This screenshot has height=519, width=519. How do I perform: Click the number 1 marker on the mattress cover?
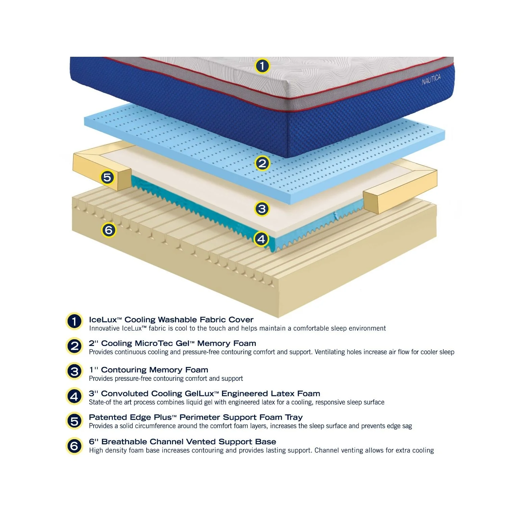click(262, 66)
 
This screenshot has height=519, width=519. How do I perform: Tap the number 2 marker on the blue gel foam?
click(262, 164)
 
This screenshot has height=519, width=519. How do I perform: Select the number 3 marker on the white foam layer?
click(262, 208)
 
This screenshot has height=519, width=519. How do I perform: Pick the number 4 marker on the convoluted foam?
click(261, 239)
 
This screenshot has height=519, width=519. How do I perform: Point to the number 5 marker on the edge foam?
click(107, 177)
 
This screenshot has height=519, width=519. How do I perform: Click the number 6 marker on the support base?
click(109, 230)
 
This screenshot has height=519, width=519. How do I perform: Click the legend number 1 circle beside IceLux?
click(74, 321)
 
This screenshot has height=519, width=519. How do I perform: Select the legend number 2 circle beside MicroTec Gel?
click(74, 346)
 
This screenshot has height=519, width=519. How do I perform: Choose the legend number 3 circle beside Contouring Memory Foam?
click(74, 371)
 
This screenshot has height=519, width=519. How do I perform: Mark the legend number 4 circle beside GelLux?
click(74, 396)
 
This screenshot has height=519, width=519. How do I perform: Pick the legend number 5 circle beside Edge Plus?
click(74, 421)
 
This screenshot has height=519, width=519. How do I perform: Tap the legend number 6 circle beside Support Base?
click(74, 446)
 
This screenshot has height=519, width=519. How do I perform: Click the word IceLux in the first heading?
click(103, 320)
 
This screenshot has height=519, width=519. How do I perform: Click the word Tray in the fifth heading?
click(294, 418)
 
